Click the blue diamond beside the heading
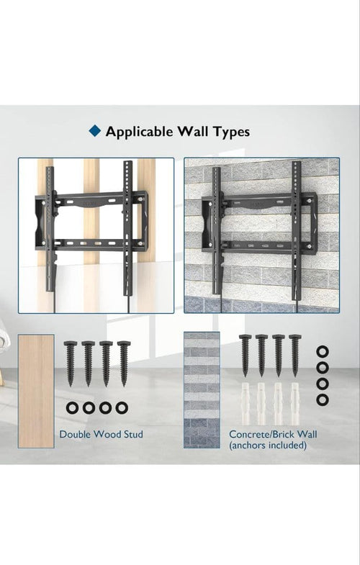click(95, 130)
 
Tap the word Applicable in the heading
click(139, 132)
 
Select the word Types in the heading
click(231, 132)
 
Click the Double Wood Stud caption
click(101, 434)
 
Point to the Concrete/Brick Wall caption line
click(273, 434)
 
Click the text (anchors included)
click(268, 446)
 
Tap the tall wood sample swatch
click(36, 392)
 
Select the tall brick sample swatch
click(202, 390)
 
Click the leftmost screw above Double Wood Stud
click(71, 363)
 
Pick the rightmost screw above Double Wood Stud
click(124, 363)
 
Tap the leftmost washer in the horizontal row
click(73, 408)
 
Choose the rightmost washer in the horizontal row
click(122, 408)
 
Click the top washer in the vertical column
click(322, 352)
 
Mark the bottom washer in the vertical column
click(322, 399)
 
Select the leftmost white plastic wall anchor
click(245, 404)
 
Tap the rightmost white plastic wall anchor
click(295, 404)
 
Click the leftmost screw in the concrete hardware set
click(245, 356)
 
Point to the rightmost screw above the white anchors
click(295, 356)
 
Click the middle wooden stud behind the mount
click(91, 216)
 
